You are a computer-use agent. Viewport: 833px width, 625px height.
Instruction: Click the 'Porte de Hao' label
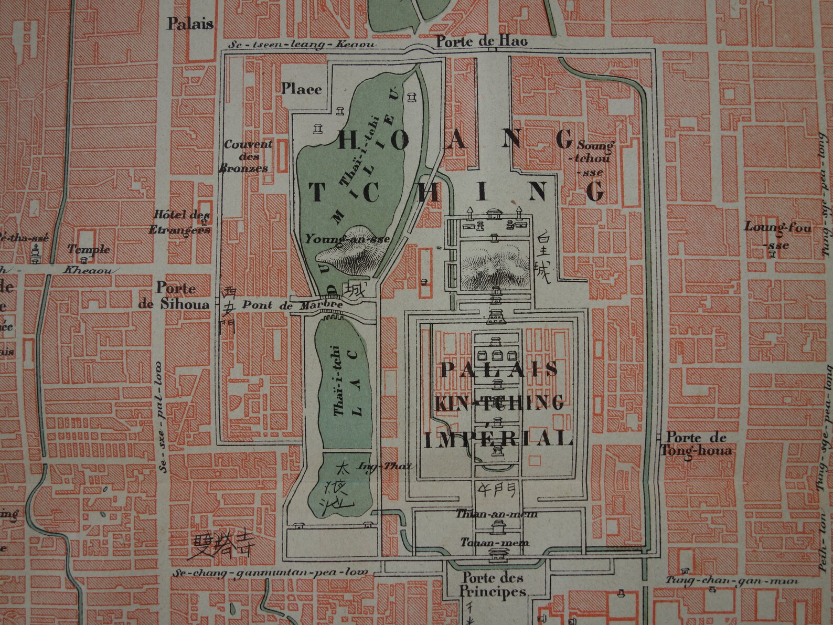tap(482, 41)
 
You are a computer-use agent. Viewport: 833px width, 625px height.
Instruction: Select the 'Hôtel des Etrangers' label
tap(181, 222)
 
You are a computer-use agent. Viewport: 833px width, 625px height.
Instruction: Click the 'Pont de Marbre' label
tap(292, 305)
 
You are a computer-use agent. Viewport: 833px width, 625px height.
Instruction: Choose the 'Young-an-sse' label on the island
tap(347, 239)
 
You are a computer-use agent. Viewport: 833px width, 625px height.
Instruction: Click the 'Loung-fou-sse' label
tap(777, 235)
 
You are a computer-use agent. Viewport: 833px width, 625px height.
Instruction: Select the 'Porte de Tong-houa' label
tap(696, 444)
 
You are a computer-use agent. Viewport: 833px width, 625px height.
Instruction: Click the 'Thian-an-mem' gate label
tap(496, 514)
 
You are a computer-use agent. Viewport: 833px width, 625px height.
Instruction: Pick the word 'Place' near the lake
tap(301, 89)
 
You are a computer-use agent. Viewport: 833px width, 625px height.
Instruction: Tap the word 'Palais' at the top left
tap(190, 24)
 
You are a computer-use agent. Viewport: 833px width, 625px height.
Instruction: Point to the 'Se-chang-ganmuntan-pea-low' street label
tap(270, 573)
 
